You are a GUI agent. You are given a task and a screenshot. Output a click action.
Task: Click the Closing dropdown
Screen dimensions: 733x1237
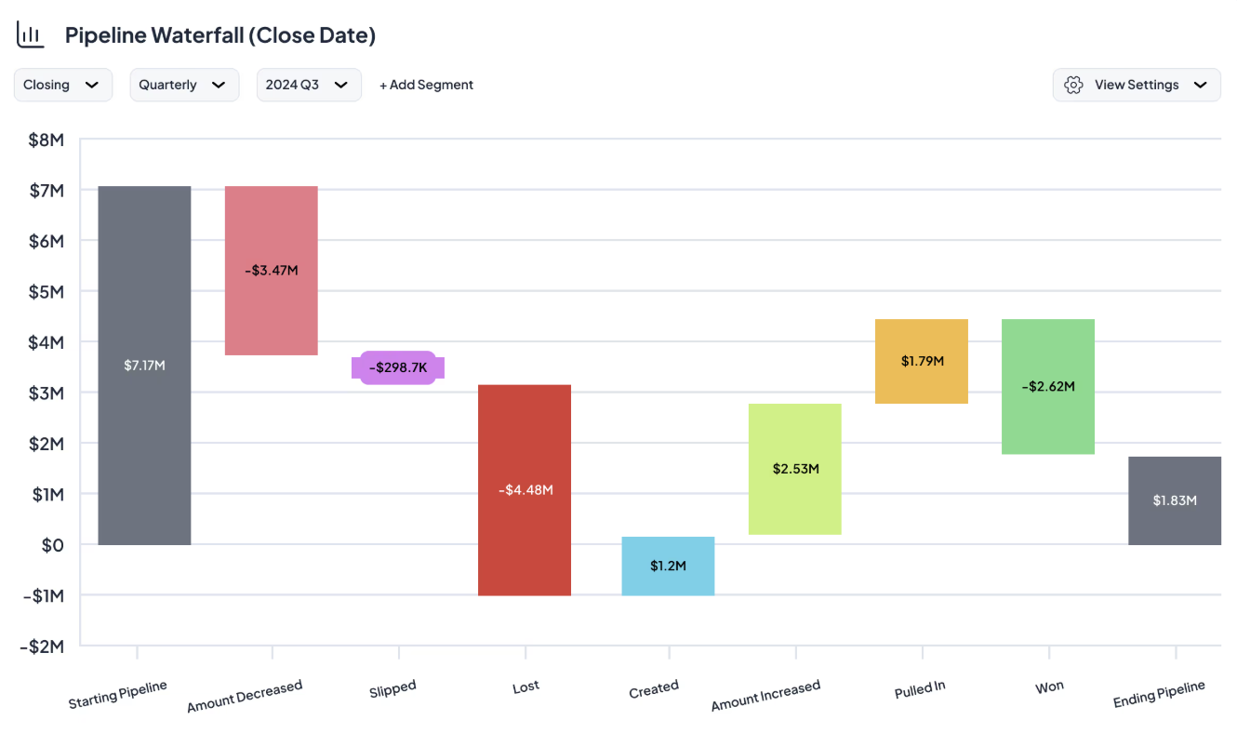click(x=62, y=85)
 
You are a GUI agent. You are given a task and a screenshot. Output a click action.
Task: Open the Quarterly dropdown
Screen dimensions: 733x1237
click(x=183, y=85)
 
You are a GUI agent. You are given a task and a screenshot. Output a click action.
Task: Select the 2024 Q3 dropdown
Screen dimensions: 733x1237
click(x=308, y=85)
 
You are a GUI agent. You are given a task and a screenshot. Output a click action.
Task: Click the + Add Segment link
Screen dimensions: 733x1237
click(x=426, y=85)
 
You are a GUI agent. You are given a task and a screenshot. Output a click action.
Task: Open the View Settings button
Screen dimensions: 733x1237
click(x=1136, y=85)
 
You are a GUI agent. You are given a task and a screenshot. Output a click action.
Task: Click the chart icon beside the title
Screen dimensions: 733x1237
click(x=31, y=35)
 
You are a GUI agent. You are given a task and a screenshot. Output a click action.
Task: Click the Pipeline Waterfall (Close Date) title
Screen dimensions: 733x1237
click(x=219, y=35)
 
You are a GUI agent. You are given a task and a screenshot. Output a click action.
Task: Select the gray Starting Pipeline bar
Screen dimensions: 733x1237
click(x=144, y=365)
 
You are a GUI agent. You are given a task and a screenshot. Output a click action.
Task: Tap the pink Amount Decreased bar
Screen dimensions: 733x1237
click(x=271, y=270)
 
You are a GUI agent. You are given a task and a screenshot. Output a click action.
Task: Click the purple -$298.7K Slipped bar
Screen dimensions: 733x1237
click(x=398, y=367)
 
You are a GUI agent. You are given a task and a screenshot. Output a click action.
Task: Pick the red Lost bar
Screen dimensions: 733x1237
click(x=525, y=489)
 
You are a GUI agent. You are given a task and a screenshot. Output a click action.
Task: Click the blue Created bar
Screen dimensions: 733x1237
click(x=668, y=566)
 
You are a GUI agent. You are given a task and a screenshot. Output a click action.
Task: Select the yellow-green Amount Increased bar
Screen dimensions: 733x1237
click(x=795, y=469)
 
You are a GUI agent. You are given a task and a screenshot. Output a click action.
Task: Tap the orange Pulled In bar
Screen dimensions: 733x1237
click(x=922, y=361)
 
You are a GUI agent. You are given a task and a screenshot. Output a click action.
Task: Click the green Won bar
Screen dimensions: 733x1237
click(x=1048, y=386)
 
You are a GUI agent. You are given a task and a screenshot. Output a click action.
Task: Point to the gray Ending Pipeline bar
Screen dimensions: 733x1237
click(x=1174, y=500)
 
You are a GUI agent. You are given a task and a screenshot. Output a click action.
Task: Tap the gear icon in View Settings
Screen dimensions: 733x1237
click(x=1073, y=85)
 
